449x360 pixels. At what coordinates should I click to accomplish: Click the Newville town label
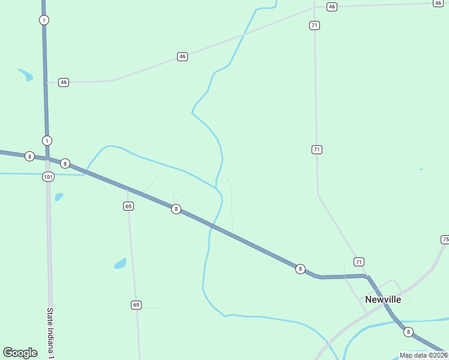click(x=383, y=299)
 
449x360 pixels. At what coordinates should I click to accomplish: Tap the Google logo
click(x=20, y=353)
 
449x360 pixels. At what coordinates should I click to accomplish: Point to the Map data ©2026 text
click(x=423, y=355)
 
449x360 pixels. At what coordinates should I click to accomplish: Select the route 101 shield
click(x=48, y=177)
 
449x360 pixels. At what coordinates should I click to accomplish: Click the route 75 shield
click(x=445, y=239)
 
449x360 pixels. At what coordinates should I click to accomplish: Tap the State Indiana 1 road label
click(x=50, y=334)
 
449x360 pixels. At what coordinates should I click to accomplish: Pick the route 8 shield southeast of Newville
click(x=408, y=332)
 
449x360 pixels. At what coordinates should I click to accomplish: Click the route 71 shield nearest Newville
click(x=359, y=262)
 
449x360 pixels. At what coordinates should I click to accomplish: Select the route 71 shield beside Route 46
click(x=315, y=25)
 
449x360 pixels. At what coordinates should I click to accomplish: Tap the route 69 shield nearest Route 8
click(x=128, y=206)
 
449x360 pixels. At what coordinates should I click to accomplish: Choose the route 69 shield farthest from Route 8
click(x=136, y=305)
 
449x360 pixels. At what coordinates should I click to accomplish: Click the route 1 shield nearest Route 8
click(x=47, y=140)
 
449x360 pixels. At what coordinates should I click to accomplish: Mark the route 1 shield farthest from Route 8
click(x=44, y=20)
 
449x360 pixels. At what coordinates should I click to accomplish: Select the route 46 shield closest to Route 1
click(x=64, y=82)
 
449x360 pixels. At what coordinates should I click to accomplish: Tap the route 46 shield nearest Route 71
click(x=332, y=7)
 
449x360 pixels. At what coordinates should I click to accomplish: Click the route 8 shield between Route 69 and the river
click(x=176, y=209)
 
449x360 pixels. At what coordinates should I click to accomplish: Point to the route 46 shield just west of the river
click(x=182, y=56)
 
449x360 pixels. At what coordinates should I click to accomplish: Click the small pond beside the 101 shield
click(x=59, y=196)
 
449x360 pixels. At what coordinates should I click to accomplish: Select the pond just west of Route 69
click(x=121, y=263)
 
